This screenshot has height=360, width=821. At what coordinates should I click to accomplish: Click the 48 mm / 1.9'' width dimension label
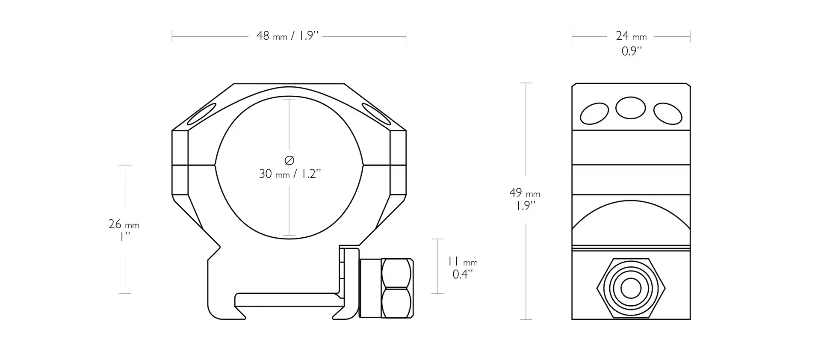pos(288,35)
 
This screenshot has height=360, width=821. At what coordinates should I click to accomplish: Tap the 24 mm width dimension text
pos(631,36)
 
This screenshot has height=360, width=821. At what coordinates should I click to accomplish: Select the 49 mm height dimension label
pos(525,193)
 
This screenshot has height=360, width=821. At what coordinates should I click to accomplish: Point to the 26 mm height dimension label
pos(124,224)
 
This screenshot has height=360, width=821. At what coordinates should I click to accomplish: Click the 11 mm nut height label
pos(463,261)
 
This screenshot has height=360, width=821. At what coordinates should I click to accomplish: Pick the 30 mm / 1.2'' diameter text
pos(290,174)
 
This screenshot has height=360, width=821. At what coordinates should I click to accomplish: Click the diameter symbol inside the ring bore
pos(289,160)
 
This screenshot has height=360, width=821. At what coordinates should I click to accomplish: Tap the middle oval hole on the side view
pos(631,108)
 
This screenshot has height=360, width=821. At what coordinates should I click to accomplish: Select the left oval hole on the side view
pos(594,113)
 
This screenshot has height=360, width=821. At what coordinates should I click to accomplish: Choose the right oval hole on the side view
pos(668,113)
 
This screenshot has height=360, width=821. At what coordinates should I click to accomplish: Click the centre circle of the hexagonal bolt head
pos(631,289)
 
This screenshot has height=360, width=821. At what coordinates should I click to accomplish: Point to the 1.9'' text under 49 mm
pos(525,206)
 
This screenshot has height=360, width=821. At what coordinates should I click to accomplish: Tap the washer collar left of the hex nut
pos(370,288)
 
